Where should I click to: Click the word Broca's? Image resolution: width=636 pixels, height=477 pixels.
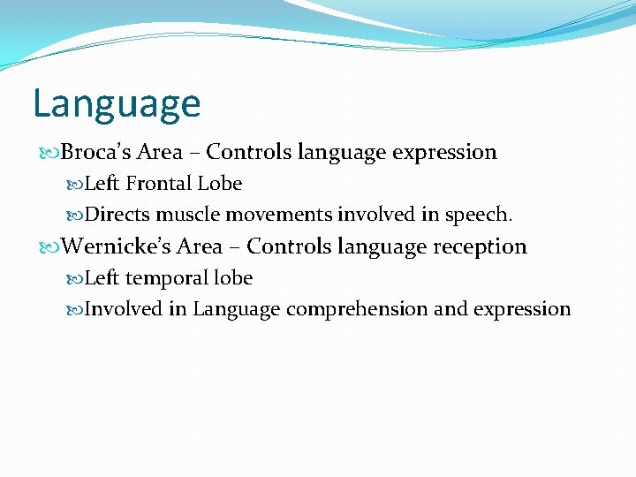pos(96,152)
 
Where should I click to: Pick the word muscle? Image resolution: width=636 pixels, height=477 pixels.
pos(188,215)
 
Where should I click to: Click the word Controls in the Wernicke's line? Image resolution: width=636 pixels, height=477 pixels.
pos(288,246)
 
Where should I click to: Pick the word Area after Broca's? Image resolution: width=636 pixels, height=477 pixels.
pos(160,152)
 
